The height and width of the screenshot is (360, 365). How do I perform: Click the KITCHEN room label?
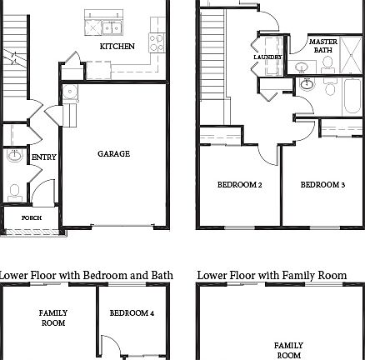pos(117,47)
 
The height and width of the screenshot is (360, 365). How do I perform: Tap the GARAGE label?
pos(113,153)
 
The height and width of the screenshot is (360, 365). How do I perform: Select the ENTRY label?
pos(43,157)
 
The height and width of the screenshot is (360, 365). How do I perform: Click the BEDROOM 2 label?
pos(240,184)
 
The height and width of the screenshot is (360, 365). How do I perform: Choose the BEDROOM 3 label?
pos(322,184)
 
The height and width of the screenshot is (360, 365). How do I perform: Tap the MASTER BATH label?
pos(322,45)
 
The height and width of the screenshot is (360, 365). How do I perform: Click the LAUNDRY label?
pos(267,57)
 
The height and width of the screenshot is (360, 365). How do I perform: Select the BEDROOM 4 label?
pos(132,312)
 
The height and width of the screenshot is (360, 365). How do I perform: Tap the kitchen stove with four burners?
pos(155,42)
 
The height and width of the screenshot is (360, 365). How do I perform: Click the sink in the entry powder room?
pos(14,155)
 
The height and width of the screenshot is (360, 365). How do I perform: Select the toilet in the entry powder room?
pos(13,190)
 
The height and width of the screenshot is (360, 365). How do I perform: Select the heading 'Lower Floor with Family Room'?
pos(272,275)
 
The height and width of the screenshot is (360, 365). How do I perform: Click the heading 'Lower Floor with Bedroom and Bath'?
pos(86,275)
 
